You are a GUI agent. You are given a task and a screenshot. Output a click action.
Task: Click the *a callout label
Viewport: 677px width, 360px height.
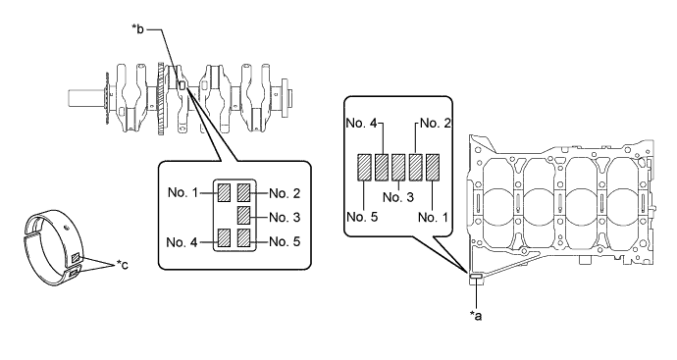tap(475, 316)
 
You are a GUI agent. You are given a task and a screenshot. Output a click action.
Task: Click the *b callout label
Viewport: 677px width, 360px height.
tap(138, 29)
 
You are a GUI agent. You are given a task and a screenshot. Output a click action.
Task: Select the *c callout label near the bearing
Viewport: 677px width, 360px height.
tap(123, 264)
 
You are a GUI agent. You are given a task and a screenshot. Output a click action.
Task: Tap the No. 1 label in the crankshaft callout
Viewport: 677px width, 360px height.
tap(182, 192)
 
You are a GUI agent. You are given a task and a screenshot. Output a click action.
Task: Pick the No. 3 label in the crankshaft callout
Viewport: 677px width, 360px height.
tap(285, 217)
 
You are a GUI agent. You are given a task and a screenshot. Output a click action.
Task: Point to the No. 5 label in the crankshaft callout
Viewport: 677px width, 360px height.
tap(285, 241)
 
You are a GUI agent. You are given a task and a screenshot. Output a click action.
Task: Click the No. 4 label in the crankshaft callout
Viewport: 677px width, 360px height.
tap(182, 242)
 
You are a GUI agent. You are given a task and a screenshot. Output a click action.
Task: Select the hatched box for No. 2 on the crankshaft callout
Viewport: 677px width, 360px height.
tap(244, 192)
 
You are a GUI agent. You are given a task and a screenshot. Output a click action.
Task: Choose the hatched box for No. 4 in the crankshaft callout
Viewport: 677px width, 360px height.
tap(224, 237)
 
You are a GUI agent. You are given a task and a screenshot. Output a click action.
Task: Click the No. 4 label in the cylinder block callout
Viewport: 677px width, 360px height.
tap(361, 123)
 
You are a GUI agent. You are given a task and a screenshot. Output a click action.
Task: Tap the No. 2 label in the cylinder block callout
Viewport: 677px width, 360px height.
tap(436, 123)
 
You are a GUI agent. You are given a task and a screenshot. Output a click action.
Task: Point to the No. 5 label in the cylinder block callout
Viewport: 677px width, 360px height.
tap(362, 217)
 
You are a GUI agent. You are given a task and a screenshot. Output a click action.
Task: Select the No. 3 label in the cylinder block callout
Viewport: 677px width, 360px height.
tap(398, 197)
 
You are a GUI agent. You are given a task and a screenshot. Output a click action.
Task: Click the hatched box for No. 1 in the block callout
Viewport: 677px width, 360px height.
tap(433, 167)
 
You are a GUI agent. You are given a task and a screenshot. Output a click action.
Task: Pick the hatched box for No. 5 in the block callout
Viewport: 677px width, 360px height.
tap(364, 167)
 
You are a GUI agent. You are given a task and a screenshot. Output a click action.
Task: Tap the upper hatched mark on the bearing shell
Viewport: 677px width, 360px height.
tap(76, 258)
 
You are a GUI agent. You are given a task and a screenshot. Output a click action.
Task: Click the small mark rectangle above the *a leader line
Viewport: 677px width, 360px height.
tap(476, 277)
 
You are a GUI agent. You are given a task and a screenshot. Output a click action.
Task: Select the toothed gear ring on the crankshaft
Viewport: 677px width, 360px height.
tap(162, 99)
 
